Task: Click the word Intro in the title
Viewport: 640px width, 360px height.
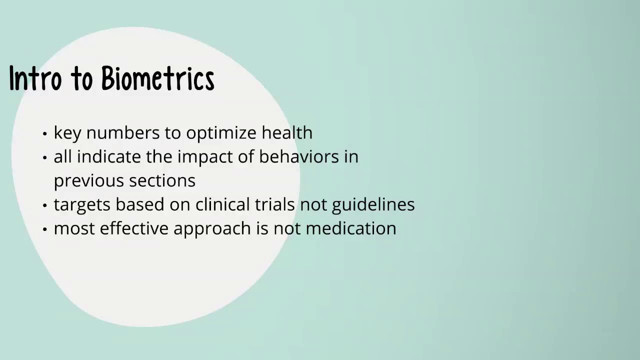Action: coord(35,78)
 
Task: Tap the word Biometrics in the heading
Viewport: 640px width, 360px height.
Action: coord(157,78)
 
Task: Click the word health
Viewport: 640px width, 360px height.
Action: coord(287,132)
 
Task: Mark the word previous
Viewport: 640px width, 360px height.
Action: coord(82,181)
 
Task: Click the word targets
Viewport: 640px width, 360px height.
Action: coord(82,205)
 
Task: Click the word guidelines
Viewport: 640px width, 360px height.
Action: coord(373,205)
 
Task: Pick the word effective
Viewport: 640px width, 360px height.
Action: coord(134,228)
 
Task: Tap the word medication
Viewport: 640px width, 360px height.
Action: coord(350,228)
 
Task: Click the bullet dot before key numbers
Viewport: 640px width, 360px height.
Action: coord(45,134)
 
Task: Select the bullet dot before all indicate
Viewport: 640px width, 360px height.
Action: coord(45,158)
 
